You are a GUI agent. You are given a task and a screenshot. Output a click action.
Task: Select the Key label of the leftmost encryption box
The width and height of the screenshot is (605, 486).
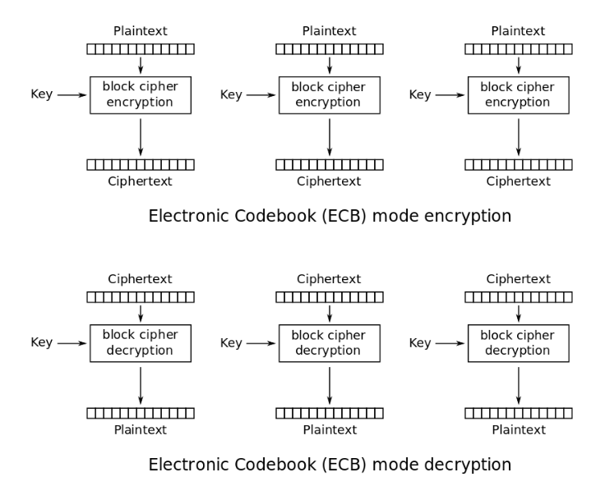click(x=42, y=94)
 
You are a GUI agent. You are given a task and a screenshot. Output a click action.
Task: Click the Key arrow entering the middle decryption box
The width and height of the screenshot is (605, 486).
click(x=261, y=343)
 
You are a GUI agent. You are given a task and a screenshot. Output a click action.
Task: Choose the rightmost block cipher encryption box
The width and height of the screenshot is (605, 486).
click(x=518, y=95)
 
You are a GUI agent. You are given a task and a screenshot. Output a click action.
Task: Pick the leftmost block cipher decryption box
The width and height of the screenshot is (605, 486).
click(x=141, y=343)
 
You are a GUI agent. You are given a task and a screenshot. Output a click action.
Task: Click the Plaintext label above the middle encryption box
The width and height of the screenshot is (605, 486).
click(x=329, y=31)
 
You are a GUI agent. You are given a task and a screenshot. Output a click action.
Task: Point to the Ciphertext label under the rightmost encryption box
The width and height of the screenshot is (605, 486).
click(x=518, y=181)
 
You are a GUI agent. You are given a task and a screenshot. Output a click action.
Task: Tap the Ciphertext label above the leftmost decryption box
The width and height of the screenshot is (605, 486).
click(x=140, y=279)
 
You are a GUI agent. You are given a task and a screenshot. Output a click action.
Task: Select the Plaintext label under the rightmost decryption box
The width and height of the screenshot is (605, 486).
click(x=519, y=429)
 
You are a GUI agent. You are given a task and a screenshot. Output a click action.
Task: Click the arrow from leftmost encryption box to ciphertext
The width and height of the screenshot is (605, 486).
click(x=141, y=137)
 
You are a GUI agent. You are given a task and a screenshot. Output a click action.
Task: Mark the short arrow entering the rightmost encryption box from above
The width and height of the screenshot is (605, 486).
click(x=519, y=66)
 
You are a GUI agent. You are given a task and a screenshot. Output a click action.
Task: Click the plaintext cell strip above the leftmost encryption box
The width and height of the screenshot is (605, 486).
click(x=141, y=49)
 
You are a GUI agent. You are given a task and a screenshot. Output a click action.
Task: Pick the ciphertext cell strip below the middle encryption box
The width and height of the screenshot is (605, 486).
click(x=330, y=165)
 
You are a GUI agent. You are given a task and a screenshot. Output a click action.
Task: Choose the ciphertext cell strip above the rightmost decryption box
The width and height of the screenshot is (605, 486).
click(x=519, y=297)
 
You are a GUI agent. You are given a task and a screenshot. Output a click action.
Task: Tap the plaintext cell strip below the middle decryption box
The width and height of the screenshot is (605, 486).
click(x=330, y=413)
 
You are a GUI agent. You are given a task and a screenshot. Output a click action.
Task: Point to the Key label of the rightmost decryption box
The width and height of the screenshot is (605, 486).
click(x=420, y=342)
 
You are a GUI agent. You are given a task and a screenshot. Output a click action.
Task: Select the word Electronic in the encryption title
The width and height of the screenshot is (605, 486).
click(x=189, y=215)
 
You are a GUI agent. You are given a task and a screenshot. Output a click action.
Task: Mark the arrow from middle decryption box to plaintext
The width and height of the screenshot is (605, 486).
click(x=330, y=385)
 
